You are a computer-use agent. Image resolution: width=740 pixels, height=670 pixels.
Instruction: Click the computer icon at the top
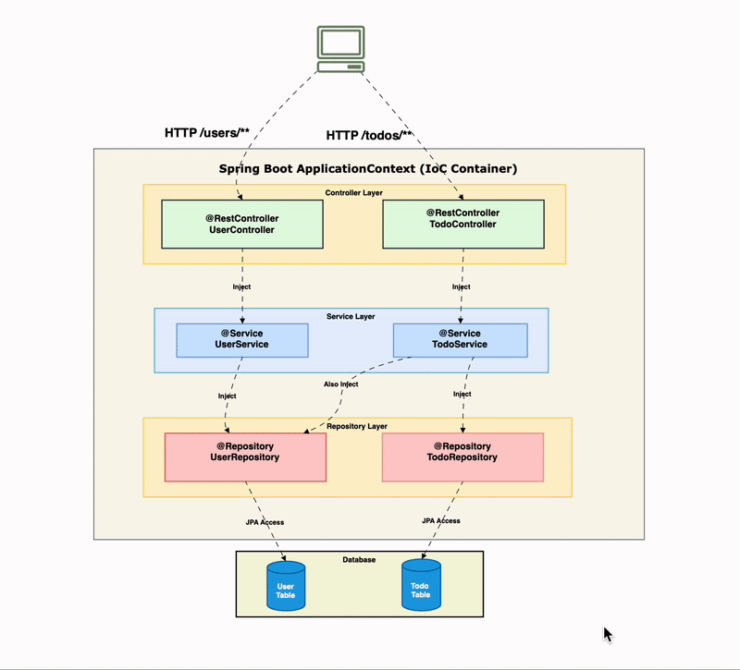340,49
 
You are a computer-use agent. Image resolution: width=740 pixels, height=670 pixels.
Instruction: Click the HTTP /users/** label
207,133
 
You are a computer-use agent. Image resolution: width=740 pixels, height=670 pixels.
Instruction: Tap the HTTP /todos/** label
369,136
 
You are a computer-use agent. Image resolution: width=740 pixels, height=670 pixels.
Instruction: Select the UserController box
242,225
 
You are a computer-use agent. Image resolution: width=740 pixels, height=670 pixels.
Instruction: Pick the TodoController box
462,225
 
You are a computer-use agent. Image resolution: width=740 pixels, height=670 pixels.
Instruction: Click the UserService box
242,339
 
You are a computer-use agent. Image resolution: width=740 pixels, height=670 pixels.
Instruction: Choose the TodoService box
460,339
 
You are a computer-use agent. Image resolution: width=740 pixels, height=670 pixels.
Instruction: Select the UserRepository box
245,457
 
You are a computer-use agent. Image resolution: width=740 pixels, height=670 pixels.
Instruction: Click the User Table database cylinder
286,586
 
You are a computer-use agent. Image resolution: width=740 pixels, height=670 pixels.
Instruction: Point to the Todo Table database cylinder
421,586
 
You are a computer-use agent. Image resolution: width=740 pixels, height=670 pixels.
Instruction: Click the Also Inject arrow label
341,384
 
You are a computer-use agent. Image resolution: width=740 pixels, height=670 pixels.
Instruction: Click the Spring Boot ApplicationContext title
367,169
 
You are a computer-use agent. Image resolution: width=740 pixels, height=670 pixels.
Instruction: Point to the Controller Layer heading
353,193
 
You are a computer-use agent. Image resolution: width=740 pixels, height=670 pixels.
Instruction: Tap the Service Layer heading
351,316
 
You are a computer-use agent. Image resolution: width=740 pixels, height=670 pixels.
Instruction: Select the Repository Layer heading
357,426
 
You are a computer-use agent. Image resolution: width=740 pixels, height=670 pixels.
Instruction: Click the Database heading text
359,560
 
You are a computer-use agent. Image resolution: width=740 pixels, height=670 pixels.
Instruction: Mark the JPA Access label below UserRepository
265,522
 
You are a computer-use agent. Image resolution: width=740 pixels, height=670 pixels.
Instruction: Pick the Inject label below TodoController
461,286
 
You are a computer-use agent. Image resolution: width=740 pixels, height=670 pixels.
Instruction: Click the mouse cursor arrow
607,634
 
